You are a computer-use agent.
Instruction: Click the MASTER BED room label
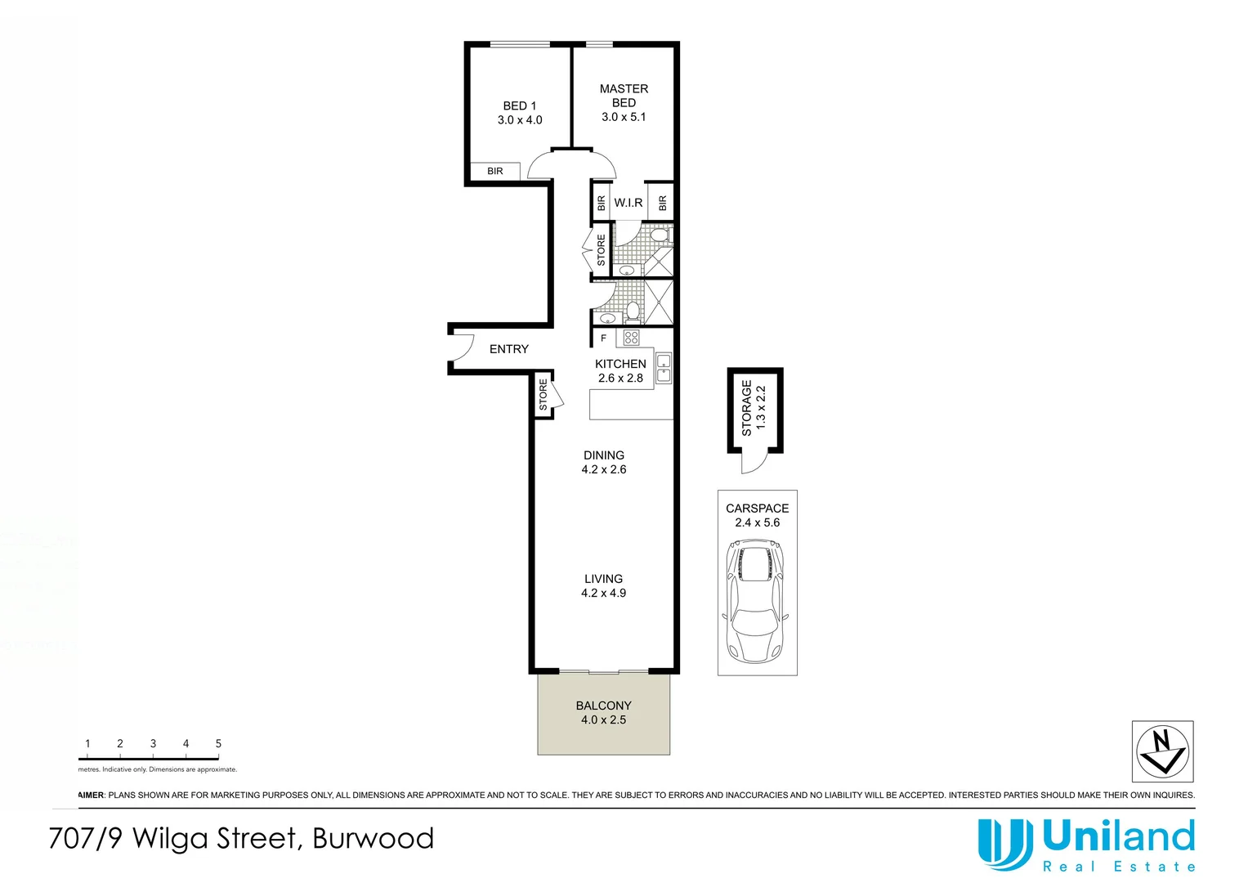624,96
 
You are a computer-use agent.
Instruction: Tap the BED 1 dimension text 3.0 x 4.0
520,120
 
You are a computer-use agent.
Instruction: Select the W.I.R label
628,203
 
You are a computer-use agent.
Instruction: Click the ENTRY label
508,349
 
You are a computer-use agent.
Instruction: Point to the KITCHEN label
620,364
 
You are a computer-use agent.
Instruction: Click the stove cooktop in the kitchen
631,337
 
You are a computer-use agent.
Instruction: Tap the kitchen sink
664,368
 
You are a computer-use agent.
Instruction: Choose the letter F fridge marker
604,338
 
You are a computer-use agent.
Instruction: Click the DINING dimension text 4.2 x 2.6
604,470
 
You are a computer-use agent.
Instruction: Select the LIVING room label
603,579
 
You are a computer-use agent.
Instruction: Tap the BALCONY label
603,706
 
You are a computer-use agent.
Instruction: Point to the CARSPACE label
757,509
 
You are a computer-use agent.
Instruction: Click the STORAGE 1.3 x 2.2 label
753,408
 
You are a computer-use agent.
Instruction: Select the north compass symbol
1162,751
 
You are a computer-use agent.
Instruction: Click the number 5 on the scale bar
218,744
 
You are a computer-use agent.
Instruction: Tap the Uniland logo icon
1004,844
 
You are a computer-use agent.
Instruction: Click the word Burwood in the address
373,839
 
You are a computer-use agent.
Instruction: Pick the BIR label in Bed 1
494,172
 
